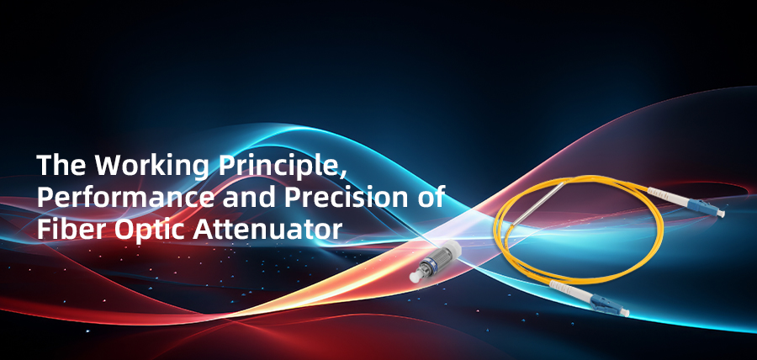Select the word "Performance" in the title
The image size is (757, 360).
[113, 197]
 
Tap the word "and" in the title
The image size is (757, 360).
[222, 197]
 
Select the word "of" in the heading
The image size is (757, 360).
[428, 197]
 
